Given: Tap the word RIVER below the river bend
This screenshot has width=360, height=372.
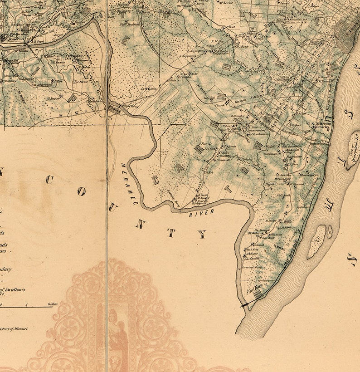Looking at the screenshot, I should [x=202, y=213].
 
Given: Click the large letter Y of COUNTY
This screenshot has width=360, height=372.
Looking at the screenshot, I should [x=202, y=235].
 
